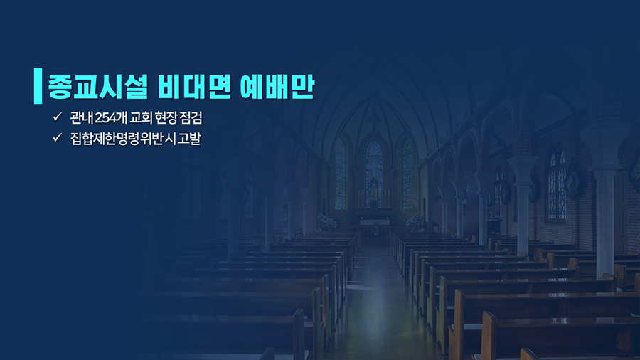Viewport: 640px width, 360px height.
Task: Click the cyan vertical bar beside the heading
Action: coord(38,85)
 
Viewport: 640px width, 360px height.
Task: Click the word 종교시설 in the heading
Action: coord(97,87)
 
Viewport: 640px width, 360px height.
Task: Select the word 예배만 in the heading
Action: coord(277,87)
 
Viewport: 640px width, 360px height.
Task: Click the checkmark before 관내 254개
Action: coord(57,117)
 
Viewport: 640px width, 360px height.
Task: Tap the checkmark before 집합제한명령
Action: coord(57,137)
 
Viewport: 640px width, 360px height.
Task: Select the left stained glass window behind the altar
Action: coord(340,174)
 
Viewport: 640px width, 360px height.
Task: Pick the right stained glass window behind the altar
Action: coord(408,174)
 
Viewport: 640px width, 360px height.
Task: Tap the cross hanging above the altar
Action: coord(374,121)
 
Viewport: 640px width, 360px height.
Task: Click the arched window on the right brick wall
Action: coord(557,184)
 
